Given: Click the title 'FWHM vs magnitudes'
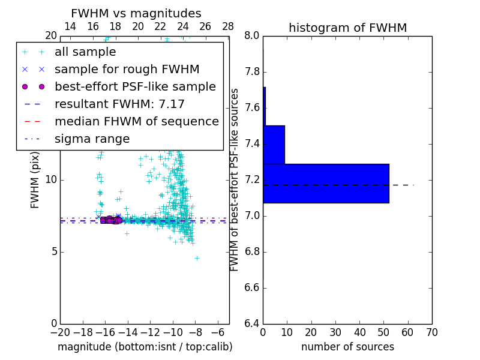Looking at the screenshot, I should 136,13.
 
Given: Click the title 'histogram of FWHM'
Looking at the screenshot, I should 347,28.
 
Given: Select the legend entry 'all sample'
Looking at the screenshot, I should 85,52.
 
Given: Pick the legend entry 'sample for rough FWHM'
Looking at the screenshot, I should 127,70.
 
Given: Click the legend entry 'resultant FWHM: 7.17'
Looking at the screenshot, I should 119,104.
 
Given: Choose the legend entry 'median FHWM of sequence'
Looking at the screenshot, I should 136,122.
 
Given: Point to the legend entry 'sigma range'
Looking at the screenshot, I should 92,139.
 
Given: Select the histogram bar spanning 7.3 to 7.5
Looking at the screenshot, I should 274,145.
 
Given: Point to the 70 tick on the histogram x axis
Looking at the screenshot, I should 431,332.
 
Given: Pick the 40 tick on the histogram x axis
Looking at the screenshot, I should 359,332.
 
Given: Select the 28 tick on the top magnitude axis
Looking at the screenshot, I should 228,27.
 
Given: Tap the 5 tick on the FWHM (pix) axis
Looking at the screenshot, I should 53,251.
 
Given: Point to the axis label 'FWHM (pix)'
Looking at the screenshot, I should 35,180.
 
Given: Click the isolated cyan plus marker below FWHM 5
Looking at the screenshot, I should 197,258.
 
